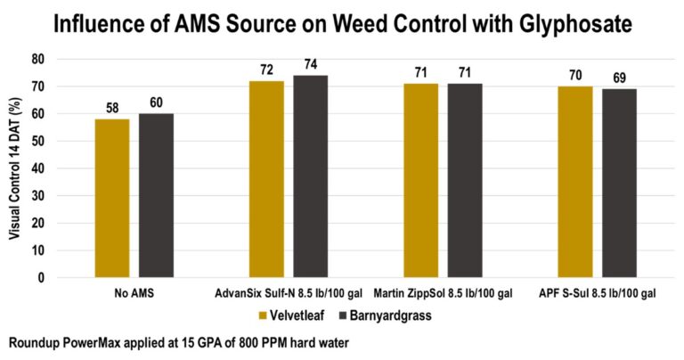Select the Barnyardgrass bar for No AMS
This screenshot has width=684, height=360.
coord(155,195)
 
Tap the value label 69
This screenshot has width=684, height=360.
coord(619,78)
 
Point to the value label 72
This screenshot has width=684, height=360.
coord(265,70)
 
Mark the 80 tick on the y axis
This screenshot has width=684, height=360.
coord(38,60)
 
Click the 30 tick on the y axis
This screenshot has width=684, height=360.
coord(38,196)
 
